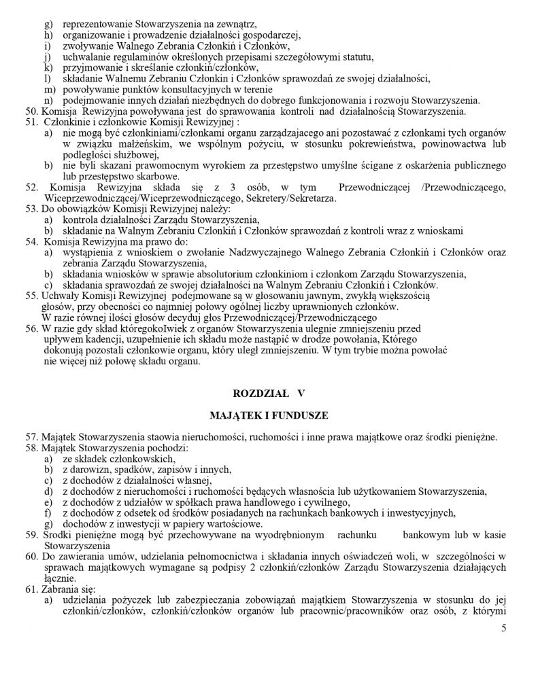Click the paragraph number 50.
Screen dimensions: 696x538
tap(30, 110)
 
